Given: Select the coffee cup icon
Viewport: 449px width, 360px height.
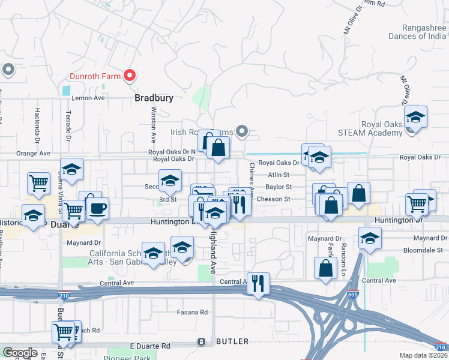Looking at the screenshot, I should pyautogui.click(x=97, y=209).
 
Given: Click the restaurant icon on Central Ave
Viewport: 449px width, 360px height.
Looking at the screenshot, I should pyautogui.click(x=258, y=284).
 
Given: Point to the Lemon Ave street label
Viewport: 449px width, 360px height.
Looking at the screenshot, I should pyautogui.click(x=88, y=98).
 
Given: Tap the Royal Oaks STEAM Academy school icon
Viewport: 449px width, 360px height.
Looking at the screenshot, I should pyautogui.click(x=415, y=118).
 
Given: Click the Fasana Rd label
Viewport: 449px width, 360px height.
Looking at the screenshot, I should pyautogui.click(x=192, y=313).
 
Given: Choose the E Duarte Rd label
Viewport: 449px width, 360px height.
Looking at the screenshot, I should pyautogui.click(x=150, y=346).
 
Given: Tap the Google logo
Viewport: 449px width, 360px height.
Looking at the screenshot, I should pyautogui.click(x=20, y=352).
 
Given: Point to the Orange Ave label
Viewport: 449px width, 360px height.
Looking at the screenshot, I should pyautogui.click(x=34, y=154).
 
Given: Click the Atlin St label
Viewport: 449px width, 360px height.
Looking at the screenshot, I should pyautogui.click(x=279, y=175).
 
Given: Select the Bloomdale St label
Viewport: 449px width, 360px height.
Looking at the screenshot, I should pyautogui.click(x=423, y=249).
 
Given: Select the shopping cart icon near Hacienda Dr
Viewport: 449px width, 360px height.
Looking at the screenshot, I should pyautogui.click(x=39, y=183).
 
